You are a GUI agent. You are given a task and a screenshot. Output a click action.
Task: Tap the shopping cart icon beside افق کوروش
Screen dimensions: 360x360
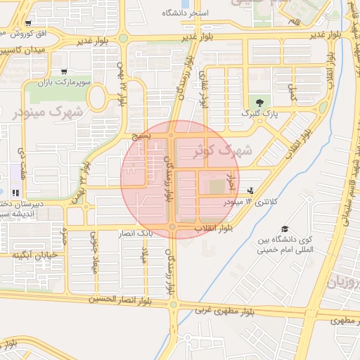tap(27, 22)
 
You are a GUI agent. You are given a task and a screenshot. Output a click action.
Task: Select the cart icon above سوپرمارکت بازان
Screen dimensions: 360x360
tap(65, 71)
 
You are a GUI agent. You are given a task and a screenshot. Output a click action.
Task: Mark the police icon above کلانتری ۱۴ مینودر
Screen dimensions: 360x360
tap(252, 191)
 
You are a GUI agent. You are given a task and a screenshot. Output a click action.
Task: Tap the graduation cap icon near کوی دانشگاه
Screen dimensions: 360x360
tap(285, 229)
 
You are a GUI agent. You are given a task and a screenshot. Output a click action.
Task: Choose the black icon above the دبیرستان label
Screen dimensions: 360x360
tap(15, 192)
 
